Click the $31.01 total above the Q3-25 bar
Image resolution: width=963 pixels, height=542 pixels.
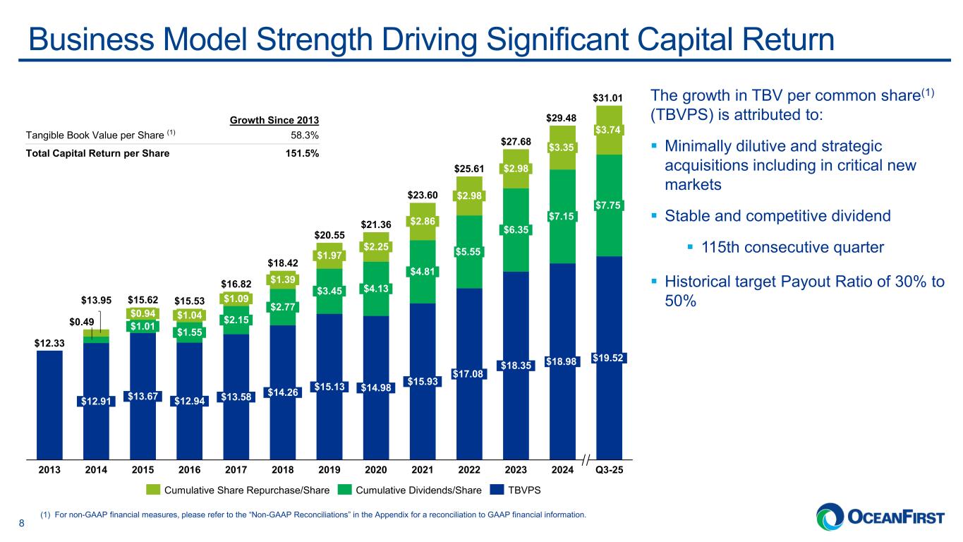pyautogui.click(x=609, y=96)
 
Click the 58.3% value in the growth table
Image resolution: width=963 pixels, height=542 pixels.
pyautogui.click(x=305, y=135)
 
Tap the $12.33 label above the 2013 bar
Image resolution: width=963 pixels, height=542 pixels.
pyautogui.click(x=49, y=343)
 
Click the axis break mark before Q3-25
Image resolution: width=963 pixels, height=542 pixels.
pyautogui.click(x=585, y=461)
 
